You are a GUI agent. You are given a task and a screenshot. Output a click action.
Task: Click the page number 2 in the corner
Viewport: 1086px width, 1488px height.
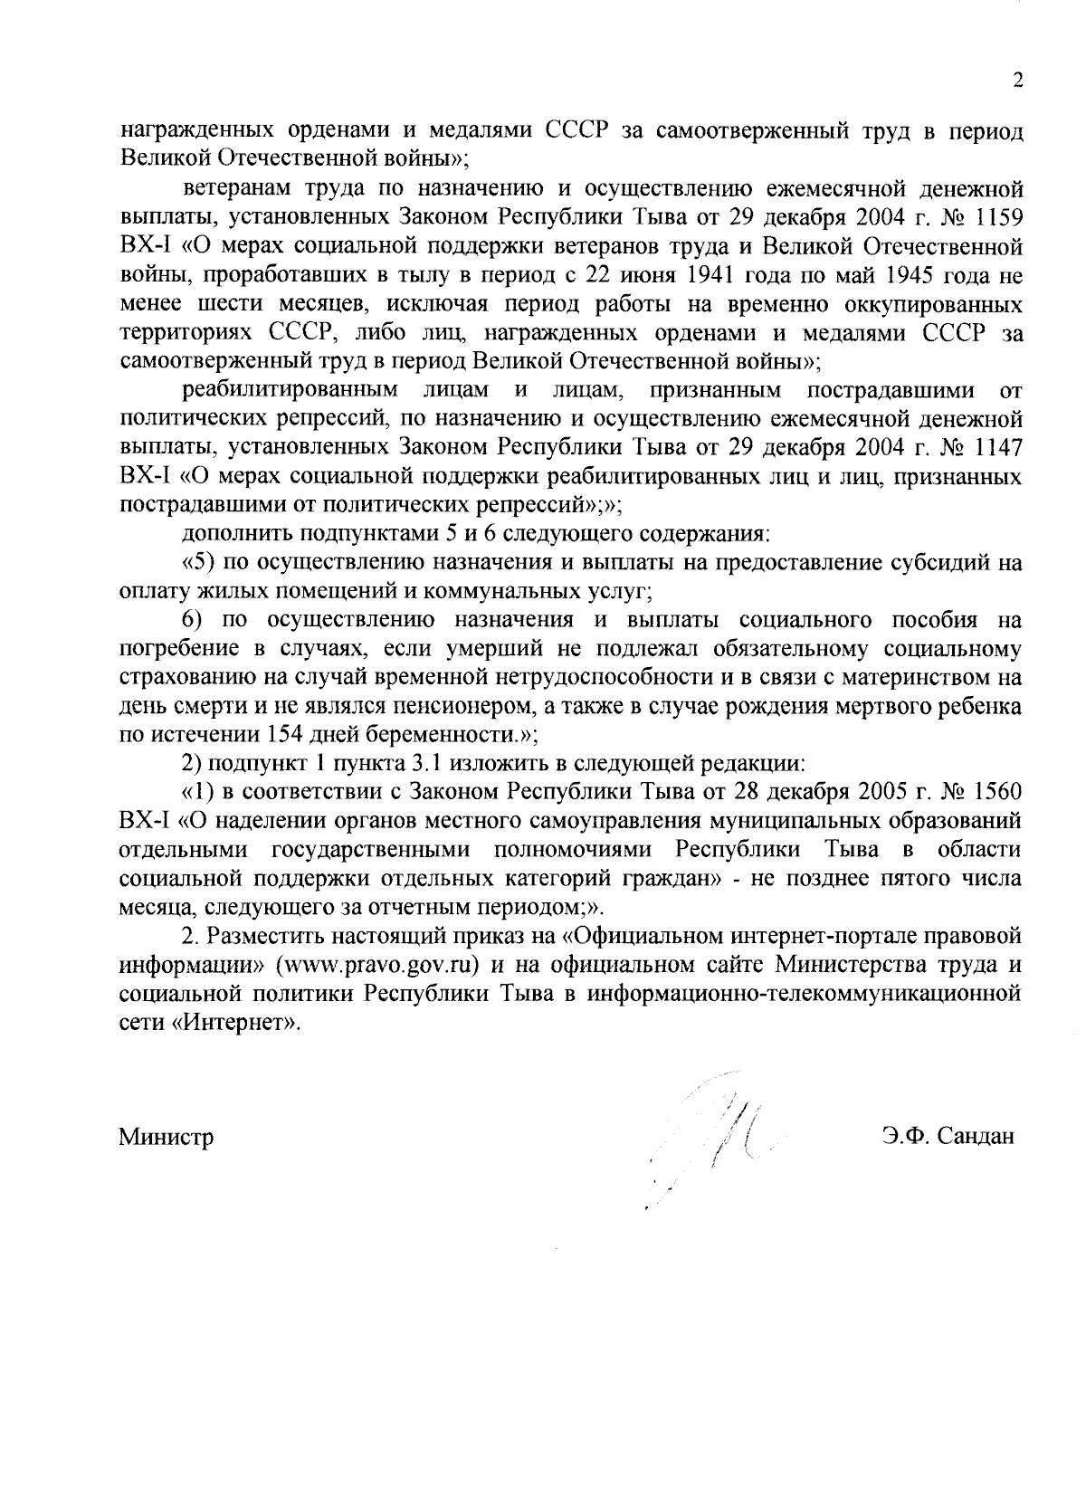click(1017, 81)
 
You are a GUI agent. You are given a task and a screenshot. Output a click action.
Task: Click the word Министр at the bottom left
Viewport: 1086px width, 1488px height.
click(166, 1137)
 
